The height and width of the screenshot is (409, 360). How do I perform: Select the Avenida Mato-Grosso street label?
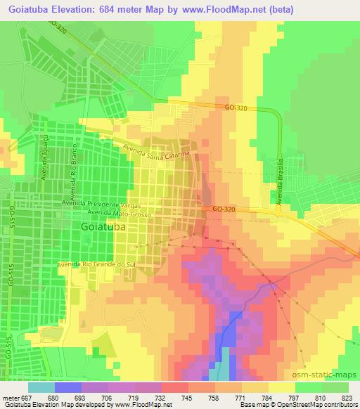[118, 211]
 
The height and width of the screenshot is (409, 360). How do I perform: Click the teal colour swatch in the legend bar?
[42, 387]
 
